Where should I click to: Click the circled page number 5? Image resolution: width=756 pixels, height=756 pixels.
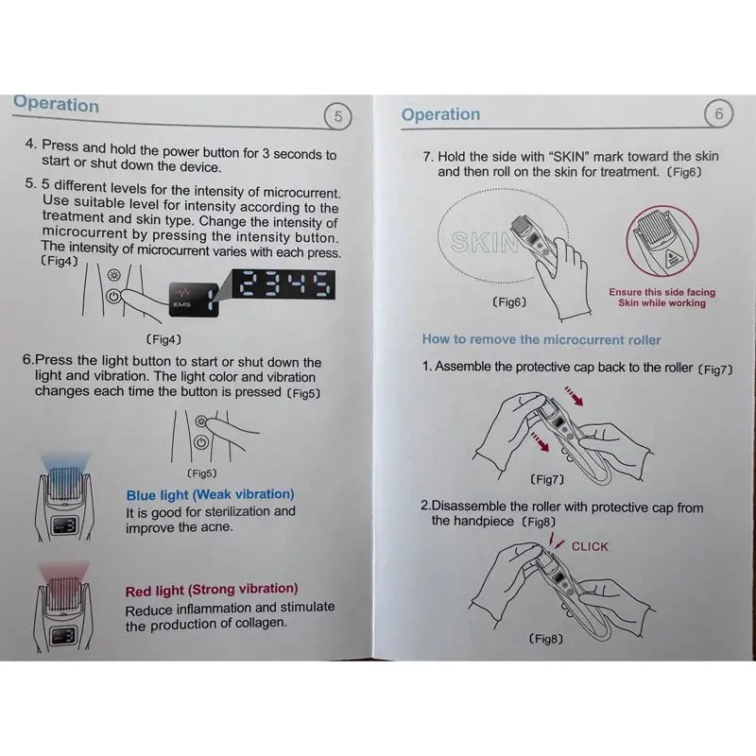(337, 116)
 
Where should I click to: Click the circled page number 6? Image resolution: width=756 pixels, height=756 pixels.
(718, 113)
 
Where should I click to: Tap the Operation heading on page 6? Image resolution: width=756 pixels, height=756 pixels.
(440, 114)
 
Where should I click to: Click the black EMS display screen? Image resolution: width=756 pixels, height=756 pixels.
(194, 299)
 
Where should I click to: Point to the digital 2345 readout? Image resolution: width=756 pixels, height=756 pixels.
(283, 284)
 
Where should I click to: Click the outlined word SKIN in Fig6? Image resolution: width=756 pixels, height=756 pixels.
(484, 242)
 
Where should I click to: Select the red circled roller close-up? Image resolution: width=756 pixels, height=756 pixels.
(662, 241)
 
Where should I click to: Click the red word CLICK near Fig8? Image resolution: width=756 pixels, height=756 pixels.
(590, 546)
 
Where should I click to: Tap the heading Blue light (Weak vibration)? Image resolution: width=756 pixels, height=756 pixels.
(210, 494)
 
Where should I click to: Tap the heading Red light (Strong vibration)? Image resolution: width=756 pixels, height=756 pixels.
(212, 590)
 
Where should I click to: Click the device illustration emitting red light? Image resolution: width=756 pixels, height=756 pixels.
(63, 605)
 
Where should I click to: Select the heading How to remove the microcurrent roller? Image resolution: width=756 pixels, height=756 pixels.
(541, 339)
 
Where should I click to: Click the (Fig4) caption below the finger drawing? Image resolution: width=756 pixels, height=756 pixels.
(163, 339)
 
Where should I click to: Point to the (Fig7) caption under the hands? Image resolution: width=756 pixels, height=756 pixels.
(546, 479)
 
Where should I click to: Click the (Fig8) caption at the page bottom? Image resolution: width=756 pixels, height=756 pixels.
(546, 639)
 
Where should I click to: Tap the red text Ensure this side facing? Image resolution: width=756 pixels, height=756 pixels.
(662, 292)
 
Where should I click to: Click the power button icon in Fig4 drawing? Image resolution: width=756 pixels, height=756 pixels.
(113, 296)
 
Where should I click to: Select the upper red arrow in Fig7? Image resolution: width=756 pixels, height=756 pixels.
(574, 395)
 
